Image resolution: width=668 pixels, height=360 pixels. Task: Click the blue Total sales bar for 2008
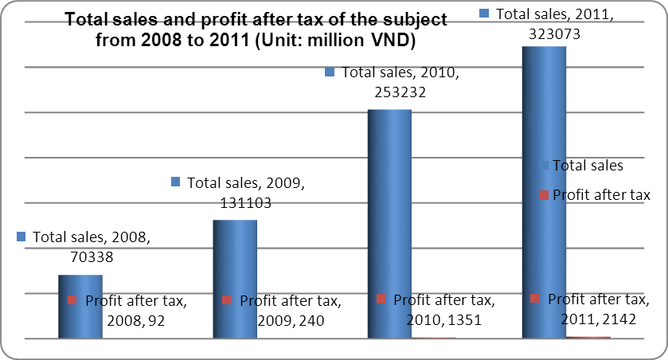click(80, 307)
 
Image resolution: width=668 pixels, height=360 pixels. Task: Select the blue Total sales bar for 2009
click(234, 279)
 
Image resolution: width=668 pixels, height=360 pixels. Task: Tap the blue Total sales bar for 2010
click(389, 223)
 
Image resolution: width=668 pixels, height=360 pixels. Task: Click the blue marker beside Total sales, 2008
click(21, 237)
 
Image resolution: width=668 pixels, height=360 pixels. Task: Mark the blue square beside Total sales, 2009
click(177, 182)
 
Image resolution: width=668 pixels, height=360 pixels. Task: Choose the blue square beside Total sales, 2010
click(331, 72)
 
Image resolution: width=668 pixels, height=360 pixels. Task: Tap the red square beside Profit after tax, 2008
click(72, 300)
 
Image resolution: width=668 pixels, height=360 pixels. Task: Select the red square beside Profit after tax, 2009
click(227, 300)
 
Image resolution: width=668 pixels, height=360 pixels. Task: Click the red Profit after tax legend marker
click(544, 195)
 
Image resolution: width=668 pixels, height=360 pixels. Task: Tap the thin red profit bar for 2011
click(588, 338)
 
